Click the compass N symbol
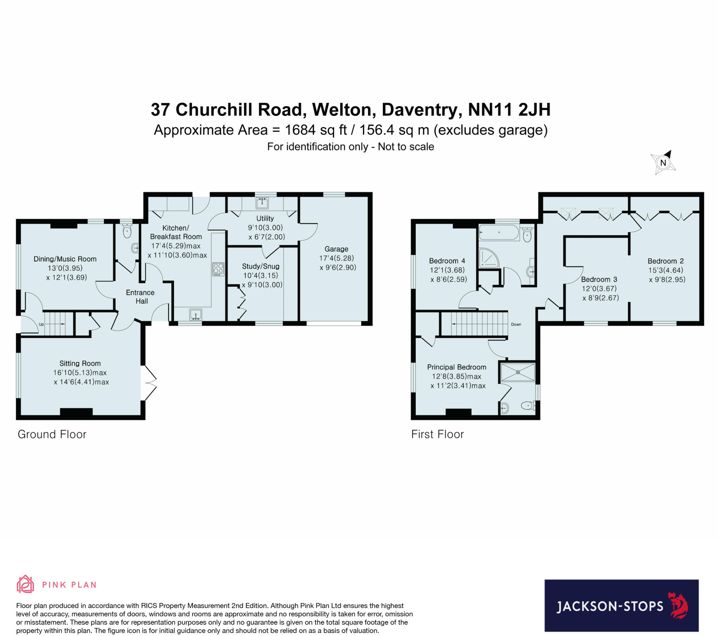[x=663, y=163]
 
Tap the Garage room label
[x=336, y=249]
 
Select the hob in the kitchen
[x=218, y=269]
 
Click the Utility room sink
[x=262, y=203]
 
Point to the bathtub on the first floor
[x=499, y=232]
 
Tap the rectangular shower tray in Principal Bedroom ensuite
[x=518, y=372]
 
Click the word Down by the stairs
[x=516, y=324]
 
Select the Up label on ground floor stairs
[x=41, y=324]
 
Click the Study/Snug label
[x=260, y=266]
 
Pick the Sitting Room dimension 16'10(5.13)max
[x=80, y=373]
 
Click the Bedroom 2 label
[x=665, y=261]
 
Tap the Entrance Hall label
[x=141, y=297]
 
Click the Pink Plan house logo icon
[x=25, y=584]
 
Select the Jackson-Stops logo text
[x=610, y=606]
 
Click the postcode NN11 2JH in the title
[x=509, y=110]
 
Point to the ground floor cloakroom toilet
[x=127, y=231]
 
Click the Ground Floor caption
[x=52, y=434]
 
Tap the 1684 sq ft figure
[x=315, y=130]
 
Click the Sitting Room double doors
[x=149, y=383]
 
